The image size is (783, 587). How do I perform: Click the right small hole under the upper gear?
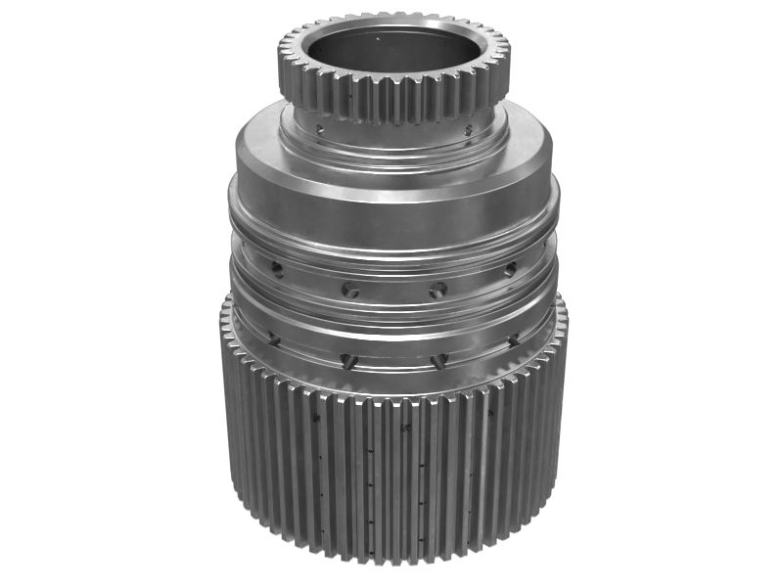click(468, 129)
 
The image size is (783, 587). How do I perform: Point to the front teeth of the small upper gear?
click(391, 102)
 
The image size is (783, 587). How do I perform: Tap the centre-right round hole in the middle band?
click(438, 290)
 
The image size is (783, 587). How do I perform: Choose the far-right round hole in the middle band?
click(509, 268)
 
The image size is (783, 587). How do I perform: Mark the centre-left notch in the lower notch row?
click(347, 360)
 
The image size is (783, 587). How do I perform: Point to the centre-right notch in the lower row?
click(438, 360)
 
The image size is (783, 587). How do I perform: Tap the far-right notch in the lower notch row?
click(512, 339)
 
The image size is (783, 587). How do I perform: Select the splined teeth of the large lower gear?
click(391, 479)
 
